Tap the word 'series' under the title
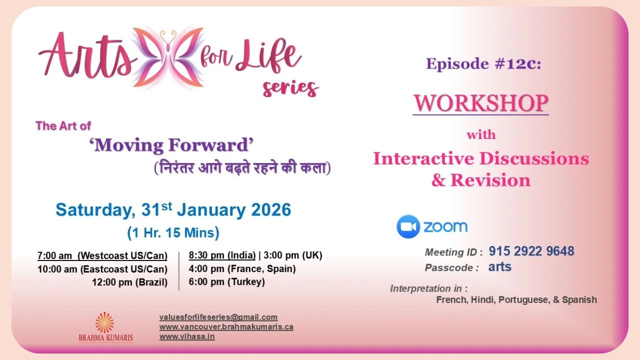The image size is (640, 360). point(290,88)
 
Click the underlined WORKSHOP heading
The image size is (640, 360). point(480,103)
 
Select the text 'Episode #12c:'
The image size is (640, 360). point(483,64)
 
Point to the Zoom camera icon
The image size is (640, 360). point(407,226)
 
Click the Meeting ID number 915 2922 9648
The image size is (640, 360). point(531,251)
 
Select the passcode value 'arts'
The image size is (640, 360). point(500,267)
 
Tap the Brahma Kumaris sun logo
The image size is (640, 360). point(104,322)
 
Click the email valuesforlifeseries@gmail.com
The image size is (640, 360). point(218,317)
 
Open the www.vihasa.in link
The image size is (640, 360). point(187,336)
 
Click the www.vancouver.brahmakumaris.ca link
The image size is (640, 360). point(226,327)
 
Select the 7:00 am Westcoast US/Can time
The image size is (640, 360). point(102,256)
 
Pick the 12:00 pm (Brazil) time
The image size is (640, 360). point(129,282)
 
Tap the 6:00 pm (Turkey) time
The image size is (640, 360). point(226,282)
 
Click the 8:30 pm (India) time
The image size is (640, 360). point(222,255)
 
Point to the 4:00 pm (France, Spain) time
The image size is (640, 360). point(242,269)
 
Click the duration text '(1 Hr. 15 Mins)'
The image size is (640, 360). point(173,233)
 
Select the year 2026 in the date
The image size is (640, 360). point(270,210)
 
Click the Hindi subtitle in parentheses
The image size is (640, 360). point(242,168)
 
